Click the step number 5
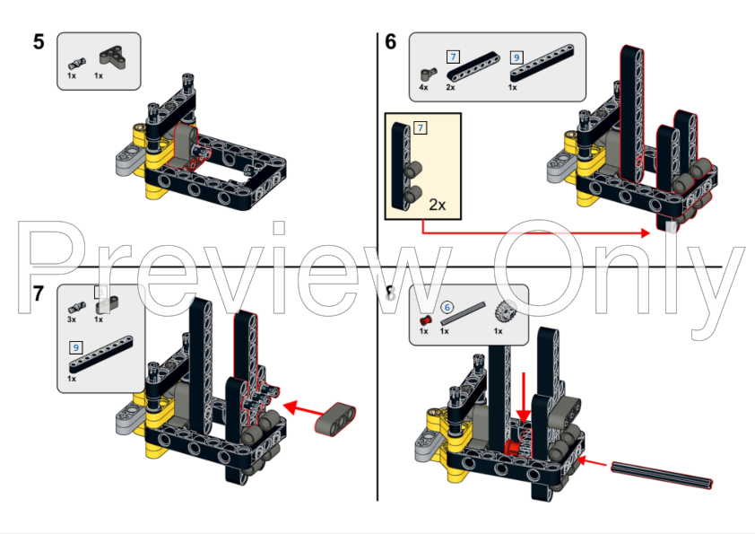coord(39,42)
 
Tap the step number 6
coord(390,41)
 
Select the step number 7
coord(38,293)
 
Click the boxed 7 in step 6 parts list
coord(453,56)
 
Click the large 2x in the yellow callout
coord(437,204)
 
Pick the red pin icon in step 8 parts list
coord(425,318)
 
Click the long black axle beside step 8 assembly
coord(662,475)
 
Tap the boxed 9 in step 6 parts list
coord(516,56)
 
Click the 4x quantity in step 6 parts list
coord(423,88)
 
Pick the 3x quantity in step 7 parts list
coord(72,319)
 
